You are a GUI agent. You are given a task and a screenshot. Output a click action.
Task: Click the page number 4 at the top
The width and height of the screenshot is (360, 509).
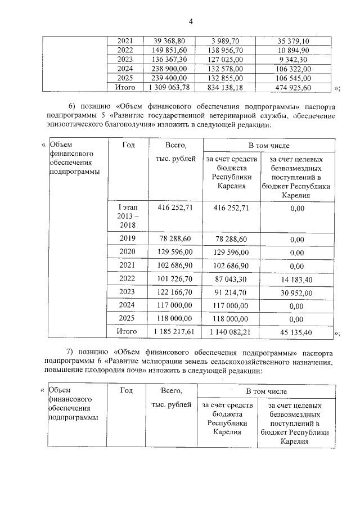[191, 22]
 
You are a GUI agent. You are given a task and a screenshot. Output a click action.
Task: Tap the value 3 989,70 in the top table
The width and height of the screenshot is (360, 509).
[227, 41]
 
